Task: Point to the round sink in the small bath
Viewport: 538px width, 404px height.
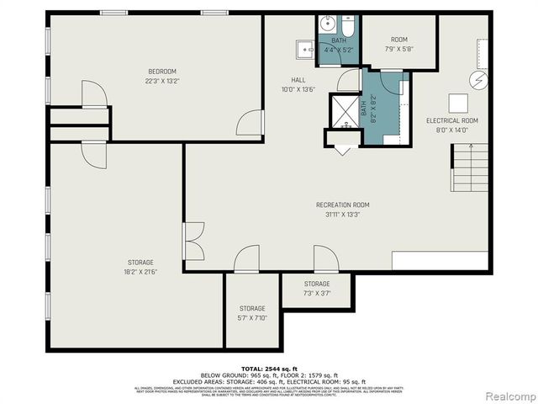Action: coord(327,23)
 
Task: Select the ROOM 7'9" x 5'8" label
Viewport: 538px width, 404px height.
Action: coord(398,40)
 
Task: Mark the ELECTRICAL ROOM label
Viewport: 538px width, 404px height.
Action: coord(452,120)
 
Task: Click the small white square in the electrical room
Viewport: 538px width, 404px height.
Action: coord(458,102)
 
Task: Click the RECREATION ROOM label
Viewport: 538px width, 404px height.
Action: coord(342,205)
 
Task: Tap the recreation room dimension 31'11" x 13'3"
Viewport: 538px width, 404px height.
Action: coord(342,215)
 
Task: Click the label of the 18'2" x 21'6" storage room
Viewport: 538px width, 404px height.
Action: coord(140,262)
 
